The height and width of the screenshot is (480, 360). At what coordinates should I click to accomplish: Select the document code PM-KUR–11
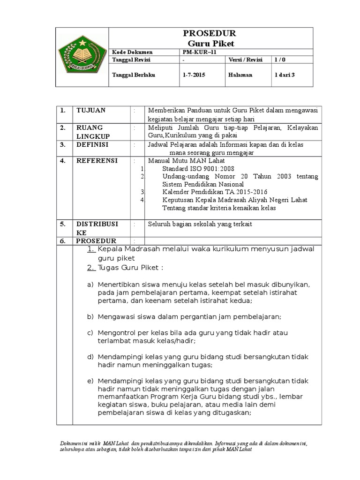tap(197, 52)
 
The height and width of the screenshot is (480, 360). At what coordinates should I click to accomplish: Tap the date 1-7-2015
tap(194, 75)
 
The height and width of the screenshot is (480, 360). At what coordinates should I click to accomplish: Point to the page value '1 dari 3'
tap(285, 75)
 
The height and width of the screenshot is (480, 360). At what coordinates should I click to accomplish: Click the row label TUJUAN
tap(91, 110)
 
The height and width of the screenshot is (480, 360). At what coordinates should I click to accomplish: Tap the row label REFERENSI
tap(97, 161)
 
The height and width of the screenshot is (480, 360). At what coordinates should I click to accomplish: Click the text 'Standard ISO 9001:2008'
tap(198, 168)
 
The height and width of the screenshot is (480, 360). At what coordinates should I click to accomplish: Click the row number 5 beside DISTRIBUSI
tap(62, 224)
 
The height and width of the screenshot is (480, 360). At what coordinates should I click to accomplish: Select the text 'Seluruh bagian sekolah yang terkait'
tap(200, 224)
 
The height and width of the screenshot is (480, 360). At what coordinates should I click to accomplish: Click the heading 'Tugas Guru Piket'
tap(129, 268)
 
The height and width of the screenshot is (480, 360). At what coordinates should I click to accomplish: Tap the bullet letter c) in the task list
tap(90, 332)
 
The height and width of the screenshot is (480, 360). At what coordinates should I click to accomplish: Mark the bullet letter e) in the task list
tap(90, 380)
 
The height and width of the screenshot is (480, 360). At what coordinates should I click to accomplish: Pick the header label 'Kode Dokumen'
tap(126, 52)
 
